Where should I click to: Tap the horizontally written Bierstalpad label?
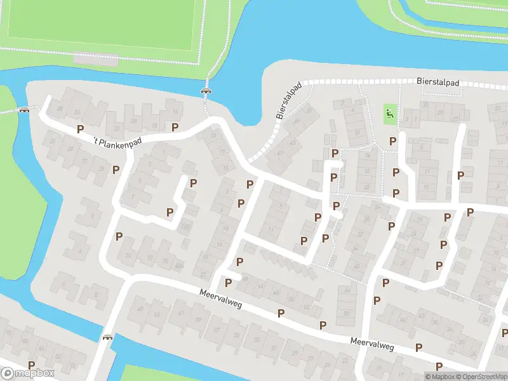coord(438,83)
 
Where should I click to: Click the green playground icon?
coord(389,114)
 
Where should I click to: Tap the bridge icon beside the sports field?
coord(206,91)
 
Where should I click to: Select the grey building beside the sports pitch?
coord(96,58)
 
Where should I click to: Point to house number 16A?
coord(185,227)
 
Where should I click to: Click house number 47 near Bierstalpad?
coord(279,153)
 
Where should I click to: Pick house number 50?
coord(347,314)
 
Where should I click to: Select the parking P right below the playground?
coord(392,141)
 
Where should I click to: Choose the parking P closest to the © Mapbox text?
coord(439,366)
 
